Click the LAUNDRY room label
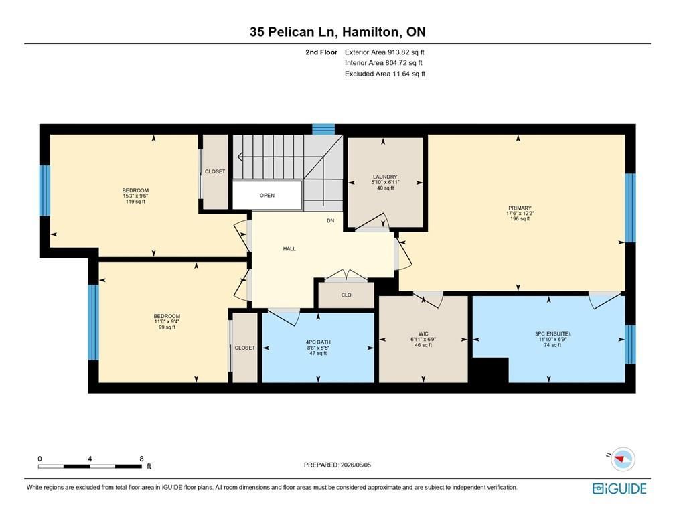pyautogui.click(x=385, y=177)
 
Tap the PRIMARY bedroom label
pyautogui.click(x=520, y=208)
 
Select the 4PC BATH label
pyautogui.click(x=318, y=342)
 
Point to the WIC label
pyautogui.click(x=423, y=333)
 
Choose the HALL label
pyautogui.click(x=289, y=249)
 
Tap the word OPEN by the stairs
pyautogui.click(x=267, y=195)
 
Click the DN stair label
pyautogui.click(x=330, y=220)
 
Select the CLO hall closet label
pyautogui.click(x=346, y=295)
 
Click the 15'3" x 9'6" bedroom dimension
pyautogui.click(x=135, y=196)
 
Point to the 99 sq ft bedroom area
pyautogui.click(x=167, y=327)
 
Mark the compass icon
pyautogui.click(x=623, y=459)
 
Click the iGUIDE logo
pyautogui.click(x=619, y=489)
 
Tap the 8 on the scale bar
pyautogui.click(x=141, y=459)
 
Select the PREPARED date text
pyautogui.click(x=337, y=465)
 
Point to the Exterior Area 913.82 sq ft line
pyautogui.click(x=384, y=52)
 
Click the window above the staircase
pyautogui.click(x=323, y=129)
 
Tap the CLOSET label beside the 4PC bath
pyautogui.click(x=244, y=348)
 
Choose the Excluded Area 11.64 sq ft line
pyautogui.click(x=385, y=74)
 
